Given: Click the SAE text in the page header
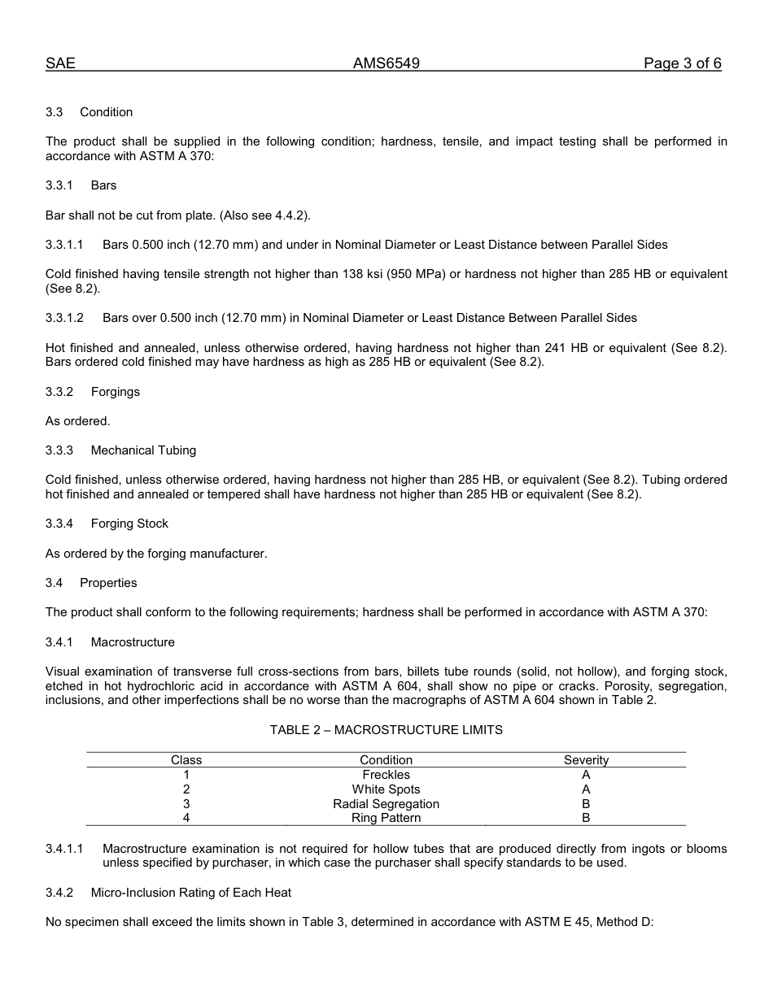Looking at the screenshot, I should click(x=60, y=63).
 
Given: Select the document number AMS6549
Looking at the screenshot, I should click(x=386, y=63).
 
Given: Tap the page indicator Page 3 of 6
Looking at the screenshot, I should click(x=682, y=63).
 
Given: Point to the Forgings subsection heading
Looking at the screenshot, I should click(x=115, y=392).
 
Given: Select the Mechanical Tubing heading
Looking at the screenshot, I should click(x=143, y=450).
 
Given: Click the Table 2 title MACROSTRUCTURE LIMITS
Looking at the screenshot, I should click(x=386, y=730).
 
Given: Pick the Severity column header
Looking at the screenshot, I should click(x=586, y=760).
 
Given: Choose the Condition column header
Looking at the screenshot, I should click(x=386, y=760).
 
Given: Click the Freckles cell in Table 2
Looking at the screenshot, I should click(x=386, y=775).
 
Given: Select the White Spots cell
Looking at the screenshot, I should click(x=386, y=789).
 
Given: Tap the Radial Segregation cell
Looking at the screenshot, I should click(x=386, y=804).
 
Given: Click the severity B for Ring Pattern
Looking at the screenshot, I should click(x=586, y=819).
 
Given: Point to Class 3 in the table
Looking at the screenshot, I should click(x=186, y=804).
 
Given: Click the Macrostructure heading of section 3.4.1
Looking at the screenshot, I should click(x=133, y=642).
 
